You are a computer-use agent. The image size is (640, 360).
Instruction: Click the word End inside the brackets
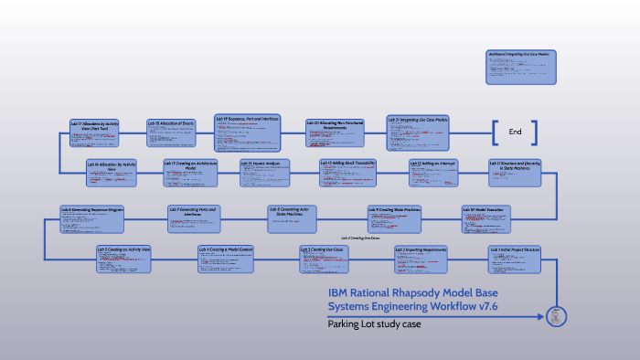(x=515, y=132)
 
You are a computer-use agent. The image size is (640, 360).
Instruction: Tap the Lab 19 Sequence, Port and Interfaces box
(x=248, y=132)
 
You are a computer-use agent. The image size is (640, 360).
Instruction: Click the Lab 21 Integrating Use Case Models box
(x=418, y=133)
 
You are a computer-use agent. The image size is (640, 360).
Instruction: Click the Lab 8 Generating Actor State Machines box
(x=293, y=217)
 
